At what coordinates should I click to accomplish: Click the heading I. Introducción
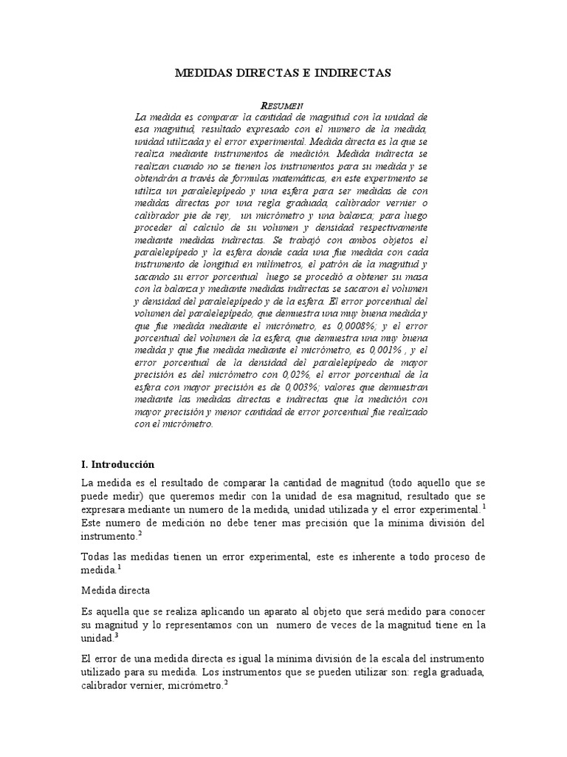pos(117,464)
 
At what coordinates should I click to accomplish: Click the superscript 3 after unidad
pos(116,635)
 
